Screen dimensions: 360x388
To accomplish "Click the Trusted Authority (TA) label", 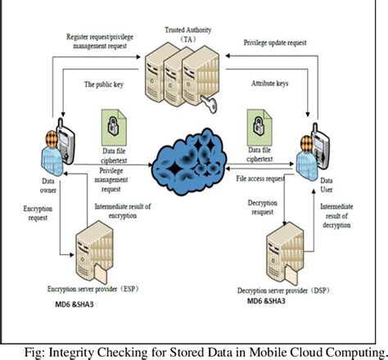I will point(189,37).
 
